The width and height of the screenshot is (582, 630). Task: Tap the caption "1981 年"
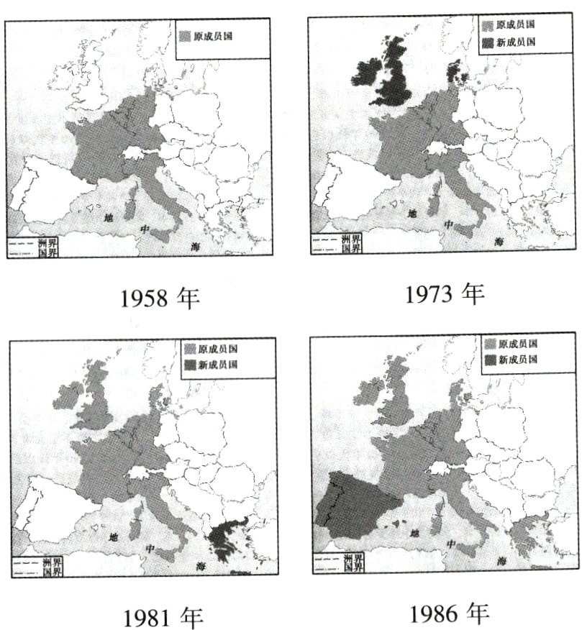[x=163, y=617]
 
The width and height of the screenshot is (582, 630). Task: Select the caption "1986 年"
[x=449, y=613]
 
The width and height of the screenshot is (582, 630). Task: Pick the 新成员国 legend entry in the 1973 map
[x=507, y=42]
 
